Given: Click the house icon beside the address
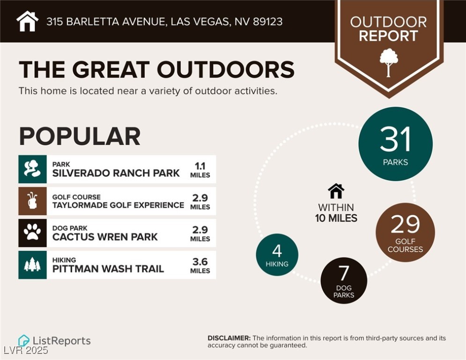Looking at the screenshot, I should [x=27, y=21].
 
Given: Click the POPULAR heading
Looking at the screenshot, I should [x=80, y=136].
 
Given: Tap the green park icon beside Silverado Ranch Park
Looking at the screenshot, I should [x=32, y=169].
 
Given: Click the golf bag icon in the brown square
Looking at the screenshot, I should [x=32, y=201].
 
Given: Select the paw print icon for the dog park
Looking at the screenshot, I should [x=32, y=232].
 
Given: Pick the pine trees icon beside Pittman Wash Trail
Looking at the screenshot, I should [x=32, y=264].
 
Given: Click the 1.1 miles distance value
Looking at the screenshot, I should [x=200, y=165].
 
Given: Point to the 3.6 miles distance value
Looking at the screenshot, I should [x=200, y=262].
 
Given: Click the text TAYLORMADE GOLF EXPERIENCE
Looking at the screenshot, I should [x=118, y=205].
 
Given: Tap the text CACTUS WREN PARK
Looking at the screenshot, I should [x=105, y=237].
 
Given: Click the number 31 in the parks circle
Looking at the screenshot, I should [x=395, y=139].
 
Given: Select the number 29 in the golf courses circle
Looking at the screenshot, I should [x=405, y=225].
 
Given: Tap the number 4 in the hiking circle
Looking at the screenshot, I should [x=277, y=251].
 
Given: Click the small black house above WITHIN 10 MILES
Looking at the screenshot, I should [x=336, y=191].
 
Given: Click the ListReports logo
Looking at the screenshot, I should [x=54, y=341].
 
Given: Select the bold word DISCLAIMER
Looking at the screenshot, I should [x=229, y=338].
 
